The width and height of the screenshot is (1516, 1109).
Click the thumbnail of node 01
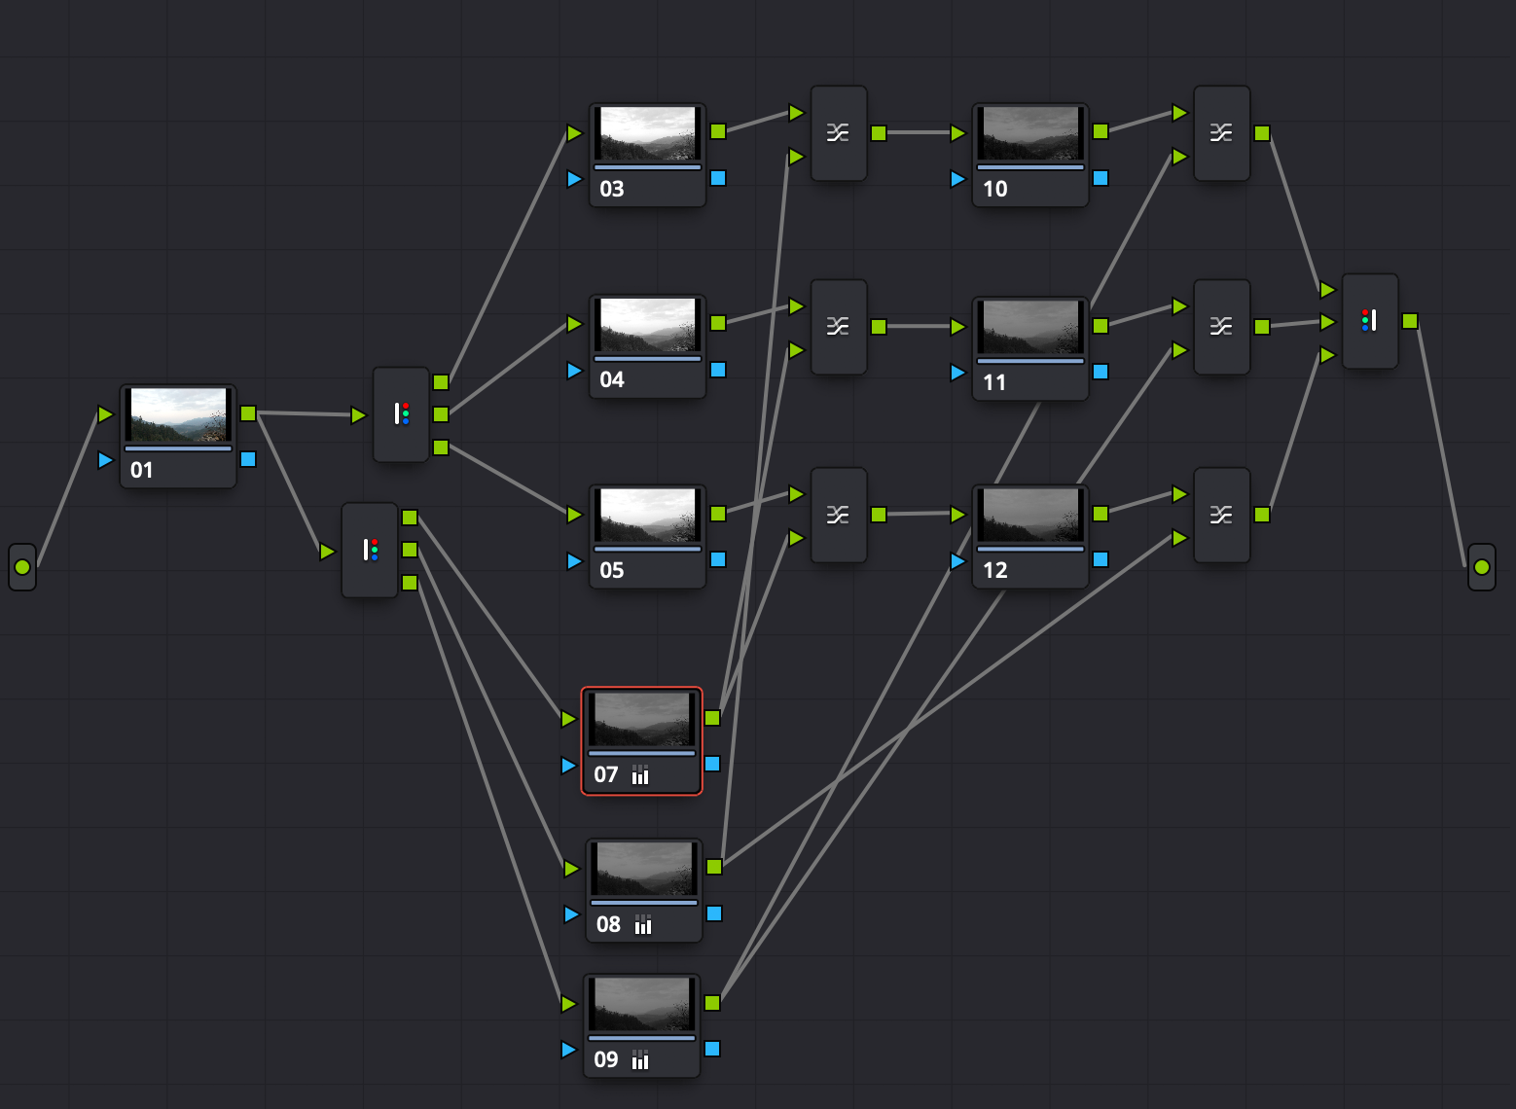[x=178, y=415]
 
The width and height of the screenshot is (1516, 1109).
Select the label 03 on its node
[x=612, y=189]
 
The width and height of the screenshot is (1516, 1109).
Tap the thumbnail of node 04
[x=648, y=325]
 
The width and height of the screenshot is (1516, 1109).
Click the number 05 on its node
[x=612, y=570]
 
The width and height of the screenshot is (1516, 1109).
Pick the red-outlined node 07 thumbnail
[x=642, y=719]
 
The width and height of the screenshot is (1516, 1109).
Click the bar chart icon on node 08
[x=643, y=924]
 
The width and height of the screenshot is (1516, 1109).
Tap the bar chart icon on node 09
[x=640, y=1059]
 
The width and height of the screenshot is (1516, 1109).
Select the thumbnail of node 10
[x=1030, y=133]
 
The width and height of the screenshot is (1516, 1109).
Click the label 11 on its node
[x=994, y=382]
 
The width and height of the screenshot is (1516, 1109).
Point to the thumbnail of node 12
[x=1030, y=516]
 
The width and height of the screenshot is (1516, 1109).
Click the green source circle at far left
[x=22, y=566]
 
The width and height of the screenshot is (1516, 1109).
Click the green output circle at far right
[x=1481, y=566]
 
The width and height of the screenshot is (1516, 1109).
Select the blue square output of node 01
[x=248, y=459]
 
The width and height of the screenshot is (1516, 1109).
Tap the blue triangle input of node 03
[x=574, y=179]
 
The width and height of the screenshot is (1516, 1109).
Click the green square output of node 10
[x=1101, y=131]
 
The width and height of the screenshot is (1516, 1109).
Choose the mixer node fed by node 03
[x=839, y=133]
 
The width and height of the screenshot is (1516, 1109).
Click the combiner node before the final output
[x=1369, y=321]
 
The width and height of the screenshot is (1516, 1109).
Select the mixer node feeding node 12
[x=839, y=515]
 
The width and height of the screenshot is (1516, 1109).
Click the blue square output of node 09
[x=712, y=1049]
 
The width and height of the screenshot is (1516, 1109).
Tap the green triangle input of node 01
[x=105, y=414]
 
